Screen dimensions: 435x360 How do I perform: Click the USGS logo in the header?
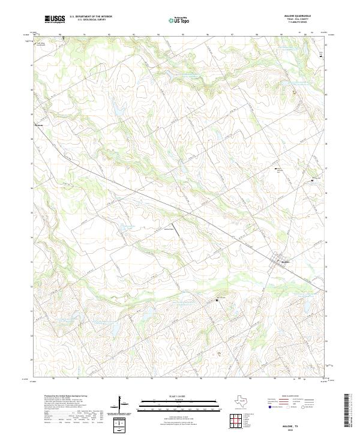click(x=55, y=19)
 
